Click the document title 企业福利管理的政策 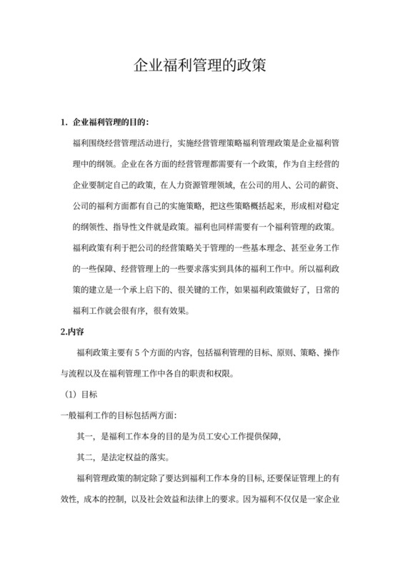(200, 65)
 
